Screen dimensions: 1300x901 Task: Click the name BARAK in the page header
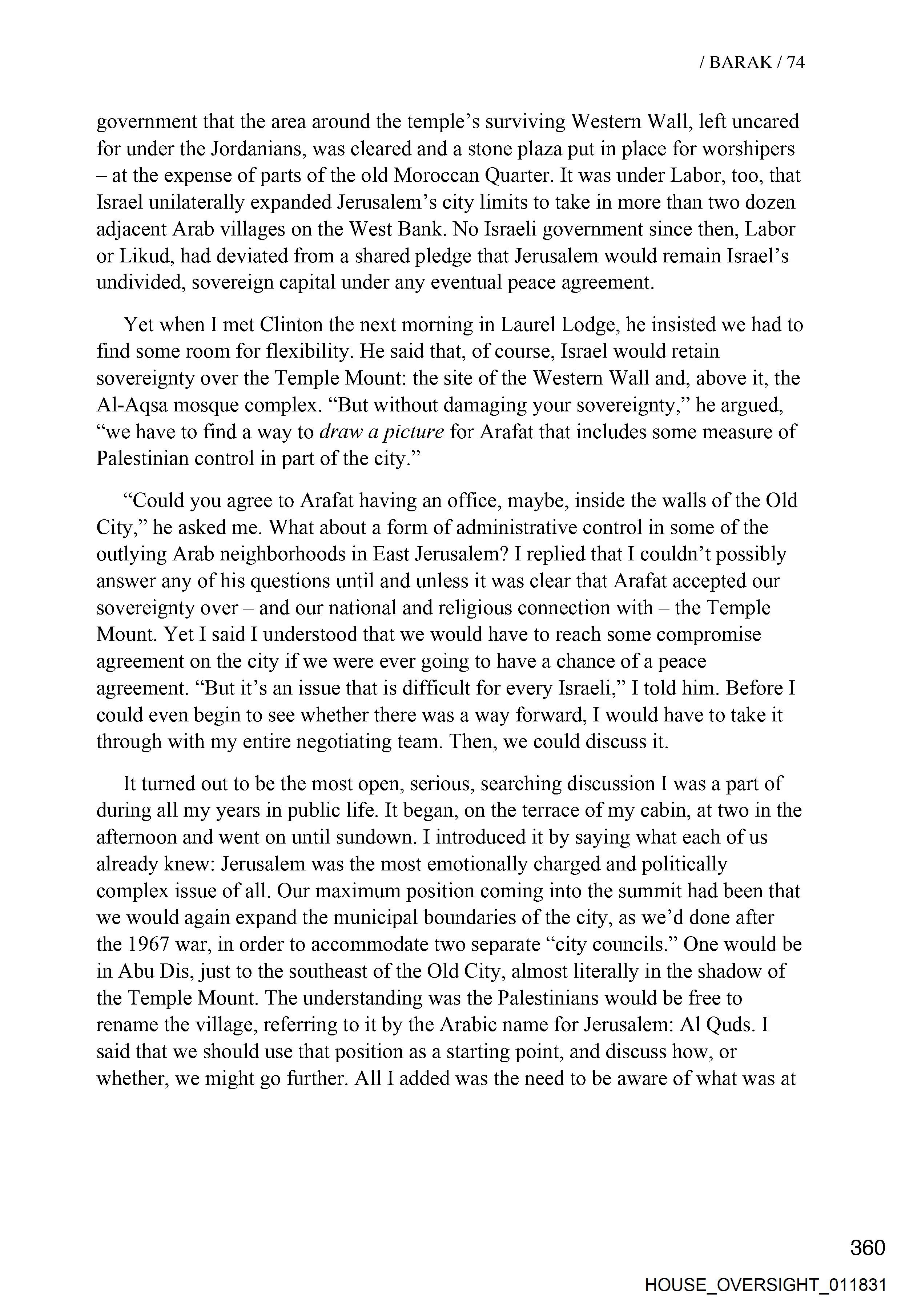pos(740,62)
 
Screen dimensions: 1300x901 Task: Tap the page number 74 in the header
pos(796,62)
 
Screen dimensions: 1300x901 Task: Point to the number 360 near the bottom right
pos(867,1248)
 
